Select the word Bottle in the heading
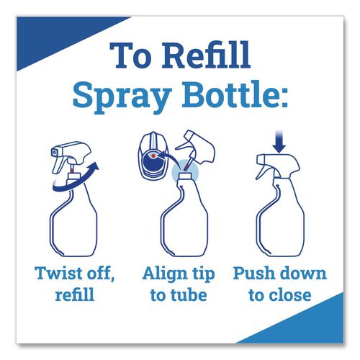pos(225,96)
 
